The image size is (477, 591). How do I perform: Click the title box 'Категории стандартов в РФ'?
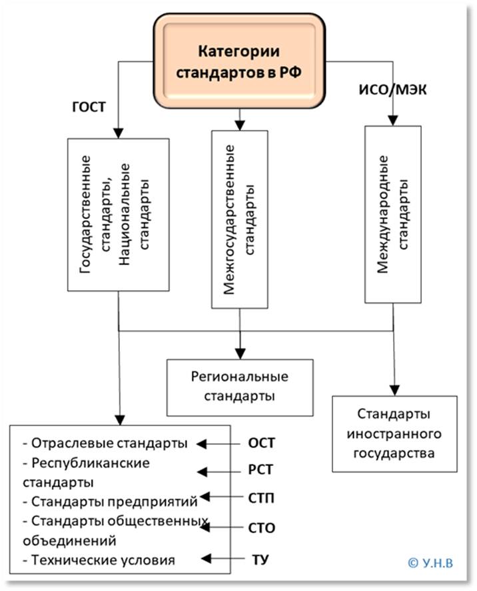coord(240,61)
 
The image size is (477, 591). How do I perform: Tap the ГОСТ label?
coord(88,106)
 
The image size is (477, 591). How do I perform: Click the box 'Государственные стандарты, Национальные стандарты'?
coord(118,214)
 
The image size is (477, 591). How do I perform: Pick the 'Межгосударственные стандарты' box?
coord(240,219)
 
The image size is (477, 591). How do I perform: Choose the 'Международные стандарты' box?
coord(393,214)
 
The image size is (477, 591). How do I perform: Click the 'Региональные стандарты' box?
coord(240,386)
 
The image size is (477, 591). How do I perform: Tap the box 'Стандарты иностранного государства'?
coord(394,434)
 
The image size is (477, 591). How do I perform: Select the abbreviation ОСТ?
coord(261,444)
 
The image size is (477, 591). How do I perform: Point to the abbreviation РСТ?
coord(261,471)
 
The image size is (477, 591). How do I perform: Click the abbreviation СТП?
coord(261,498)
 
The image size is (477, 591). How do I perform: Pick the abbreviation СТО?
coord(261,528)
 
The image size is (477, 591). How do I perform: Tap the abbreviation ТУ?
coord(261,558)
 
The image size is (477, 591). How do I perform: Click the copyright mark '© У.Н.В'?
coord(429,562)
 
